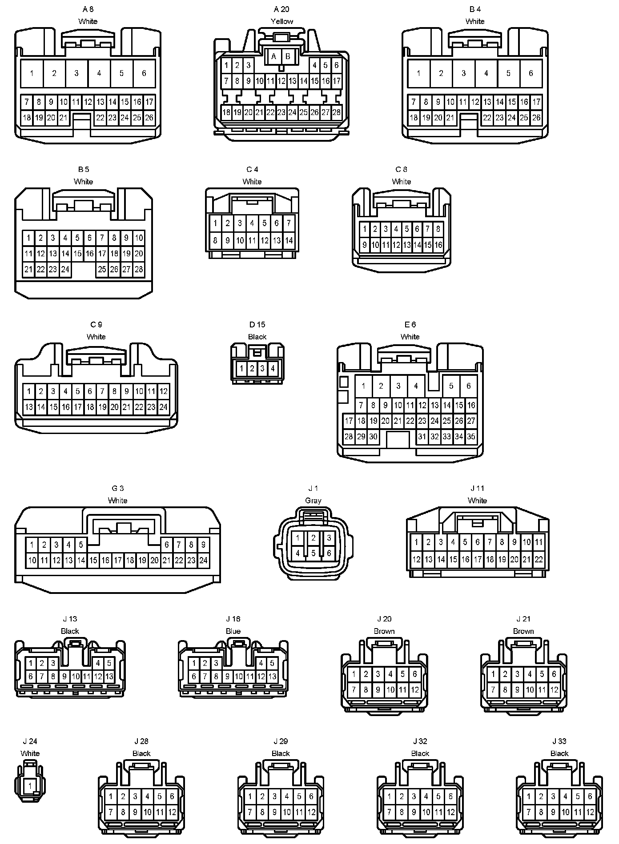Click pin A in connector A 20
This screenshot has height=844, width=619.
(274, 56)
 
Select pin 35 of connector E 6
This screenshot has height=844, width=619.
(471, 437)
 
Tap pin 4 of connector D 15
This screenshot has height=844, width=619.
(273, 368)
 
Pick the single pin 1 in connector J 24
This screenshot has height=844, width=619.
(30, 785)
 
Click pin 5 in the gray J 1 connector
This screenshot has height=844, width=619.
(314, 553)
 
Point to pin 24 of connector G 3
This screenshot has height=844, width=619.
(203, 560)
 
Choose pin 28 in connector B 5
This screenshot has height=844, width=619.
(139, 269)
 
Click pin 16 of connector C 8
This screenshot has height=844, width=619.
(438, 245)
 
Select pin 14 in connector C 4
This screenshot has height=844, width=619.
(289, 241)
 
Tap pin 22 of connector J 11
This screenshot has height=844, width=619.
(539, 559)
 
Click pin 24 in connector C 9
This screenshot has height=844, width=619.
(163, 407)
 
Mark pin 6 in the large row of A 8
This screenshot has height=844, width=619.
(144, 73)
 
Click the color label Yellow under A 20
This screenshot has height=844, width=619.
(282, 21)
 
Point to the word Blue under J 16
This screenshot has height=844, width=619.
(233, 631)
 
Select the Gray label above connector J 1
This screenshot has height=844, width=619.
(313, 501)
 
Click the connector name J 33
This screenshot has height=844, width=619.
(559, 741)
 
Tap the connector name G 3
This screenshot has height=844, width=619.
(117, 489)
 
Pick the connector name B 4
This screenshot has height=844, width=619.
(475, 9)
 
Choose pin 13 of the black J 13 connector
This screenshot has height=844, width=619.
(109, 677)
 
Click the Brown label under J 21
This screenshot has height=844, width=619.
(523, 631)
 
